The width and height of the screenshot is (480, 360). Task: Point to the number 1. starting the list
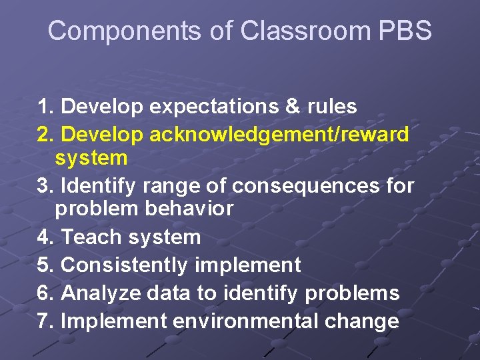tap(46, 107)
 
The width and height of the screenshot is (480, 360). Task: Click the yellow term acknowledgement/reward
tap(280, 135)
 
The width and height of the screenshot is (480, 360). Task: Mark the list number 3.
tap(46, 185)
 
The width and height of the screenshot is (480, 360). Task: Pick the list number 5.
tap(46, 265)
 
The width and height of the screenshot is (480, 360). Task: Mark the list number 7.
tap(46, 321)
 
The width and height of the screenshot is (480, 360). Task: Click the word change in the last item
tap(369, 321)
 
